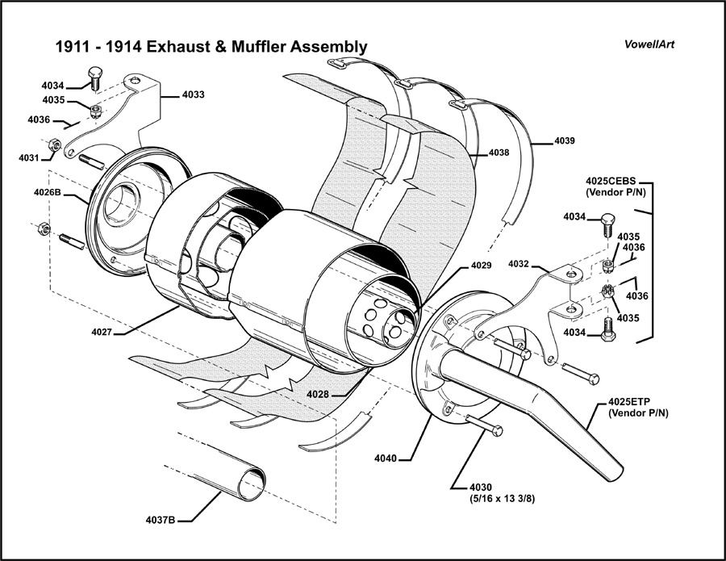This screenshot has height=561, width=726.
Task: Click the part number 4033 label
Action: (x=193, y=94)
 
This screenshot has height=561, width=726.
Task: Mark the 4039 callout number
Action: (x=565, y=141)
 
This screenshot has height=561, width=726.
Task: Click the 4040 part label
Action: (x=386, y=458)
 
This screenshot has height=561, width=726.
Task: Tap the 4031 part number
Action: (x=30, y=157)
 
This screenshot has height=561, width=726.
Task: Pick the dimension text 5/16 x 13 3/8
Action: (x=503, y=499)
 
